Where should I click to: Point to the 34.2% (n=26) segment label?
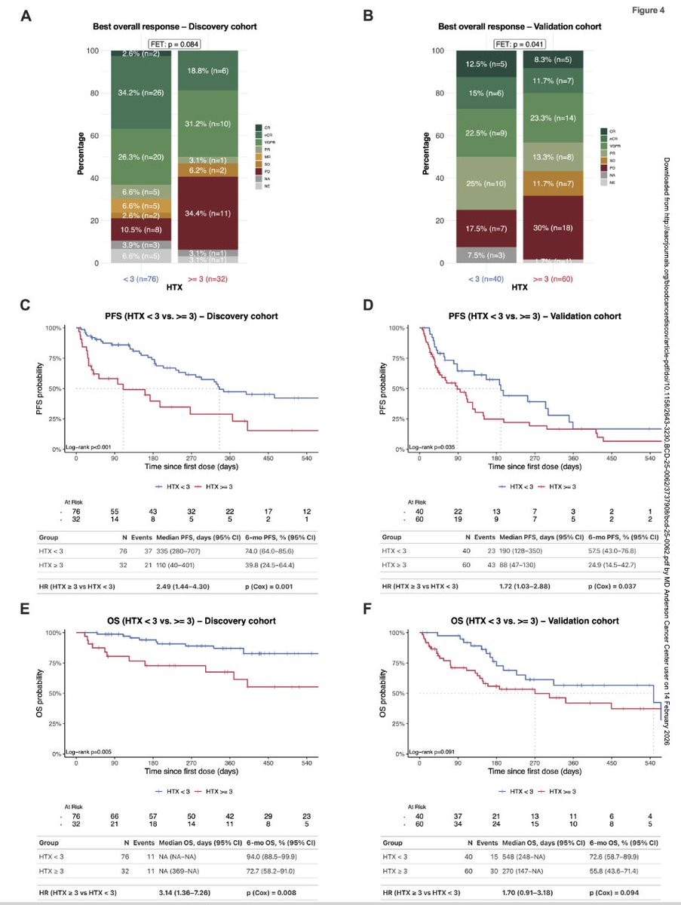[143, 94]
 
